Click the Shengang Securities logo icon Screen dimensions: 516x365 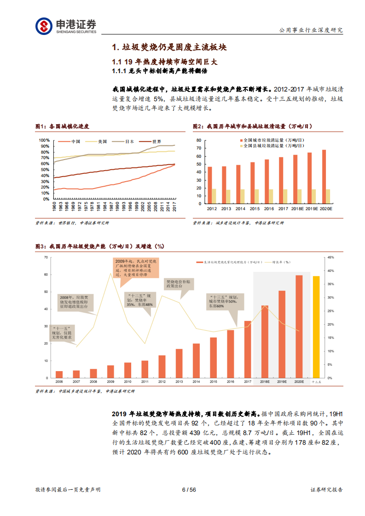44,26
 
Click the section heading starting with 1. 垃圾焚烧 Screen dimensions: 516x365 169,47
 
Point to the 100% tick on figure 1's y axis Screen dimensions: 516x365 44,140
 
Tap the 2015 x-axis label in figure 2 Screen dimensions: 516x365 255,208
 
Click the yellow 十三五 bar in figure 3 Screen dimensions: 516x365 316,327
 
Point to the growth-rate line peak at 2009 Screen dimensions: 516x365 110,273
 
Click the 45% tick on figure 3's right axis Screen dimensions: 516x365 330,258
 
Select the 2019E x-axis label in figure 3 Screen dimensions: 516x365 282,382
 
